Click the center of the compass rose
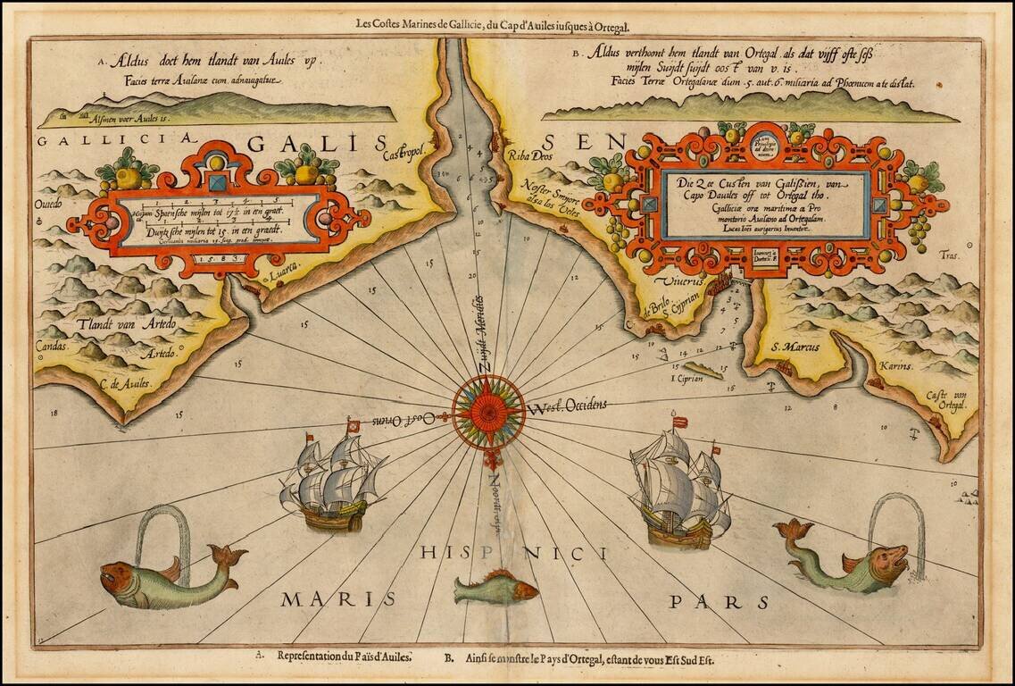pyautogui.click(x=487, y=412)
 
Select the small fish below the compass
pyautogui.click(x=495, y=588)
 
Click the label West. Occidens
pyautogui.click(x=567, y=406)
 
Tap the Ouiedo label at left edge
pyautogui.click(x=49, y=205)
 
